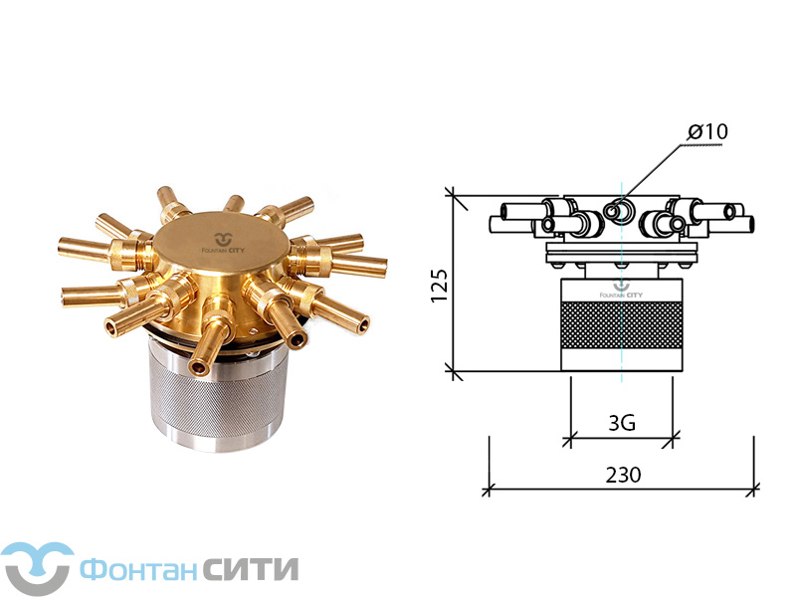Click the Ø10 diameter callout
707,131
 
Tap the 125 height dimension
440,286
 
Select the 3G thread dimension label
622,422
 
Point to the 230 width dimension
623,475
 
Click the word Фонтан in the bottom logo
138,569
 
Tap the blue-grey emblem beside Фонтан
37,568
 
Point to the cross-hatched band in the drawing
621,325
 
